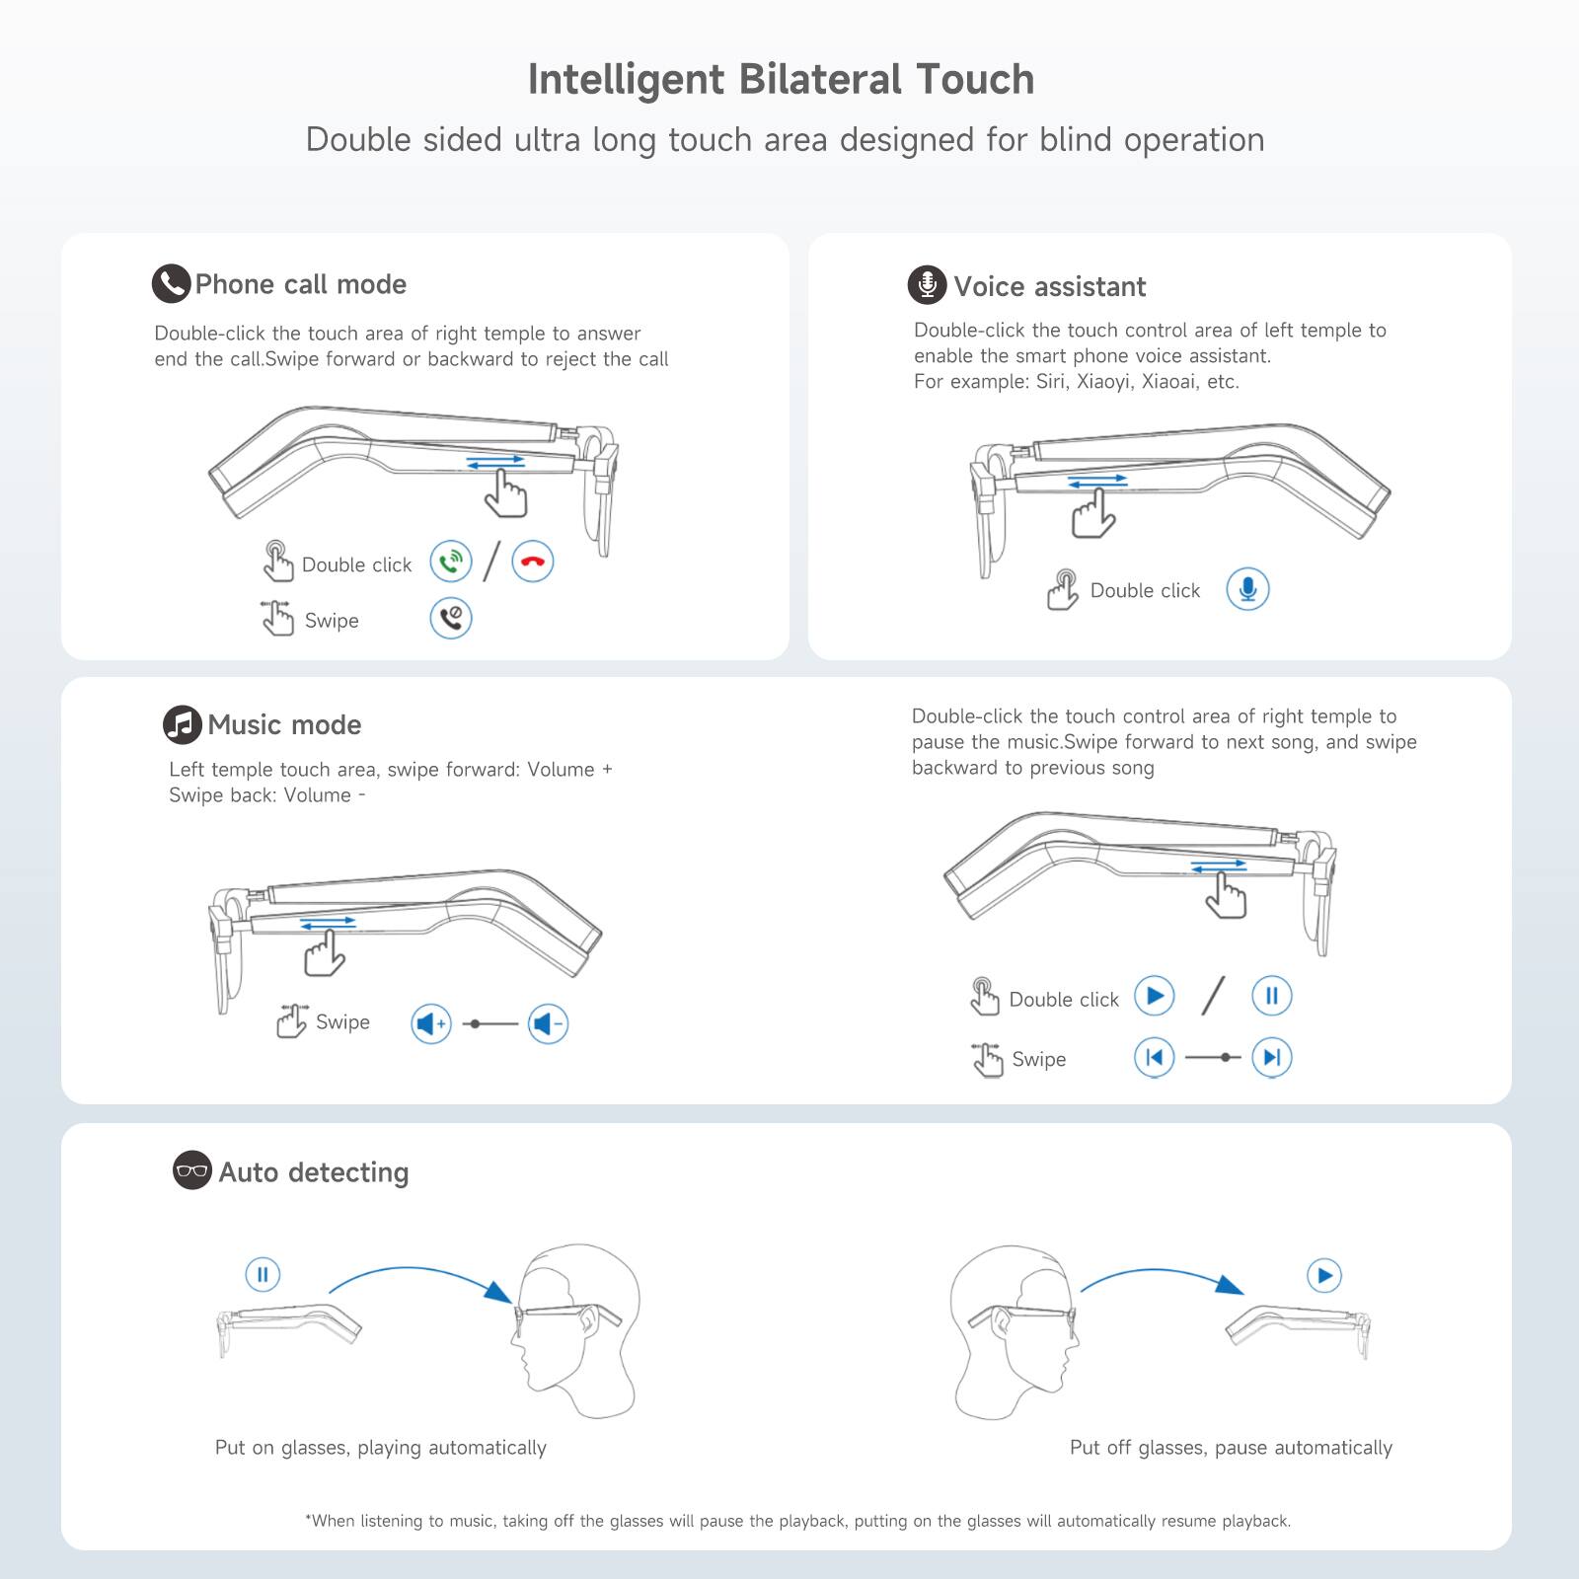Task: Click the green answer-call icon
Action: click(451, 563)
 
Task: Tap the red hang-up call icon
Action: click(533, 563)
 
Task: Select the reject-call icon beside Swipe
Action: click(451, 619)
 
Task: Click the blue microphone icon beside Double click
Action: click(1247, 590)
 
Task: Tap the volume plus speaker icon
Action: click(431, 1024)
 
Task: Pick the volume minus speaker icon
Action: click(548, 1024)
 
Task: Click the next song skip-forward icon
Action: click(1271, 1058)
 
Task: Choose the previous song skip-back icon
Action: click(1154, 1058)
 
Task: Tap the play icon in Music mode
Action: click(1154, 996)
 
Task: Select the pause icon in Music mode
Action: click(1271, 996)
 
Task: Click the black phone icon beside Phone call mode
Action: click(171, 284)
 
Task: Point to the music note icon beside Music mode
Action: click(182, 725)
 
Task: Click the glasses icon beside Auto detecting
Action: click(191, 1171)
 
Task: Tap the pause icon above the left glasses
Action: click(263, 1274)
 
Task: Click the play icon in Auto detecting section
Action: click(1324, 1276)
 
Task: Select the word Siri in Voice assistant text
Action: click(1050, 382)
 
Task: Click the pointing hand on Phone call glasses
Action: click(506, 492)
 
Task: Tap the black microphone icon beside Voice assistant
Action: click(927, 285)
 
